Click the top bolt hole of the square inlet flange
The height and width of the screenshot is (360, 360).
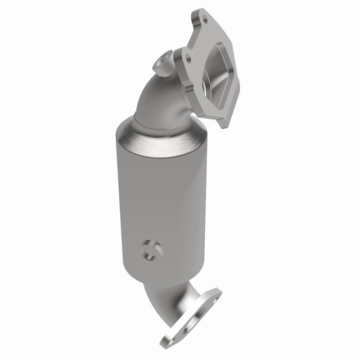(205, 20)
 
